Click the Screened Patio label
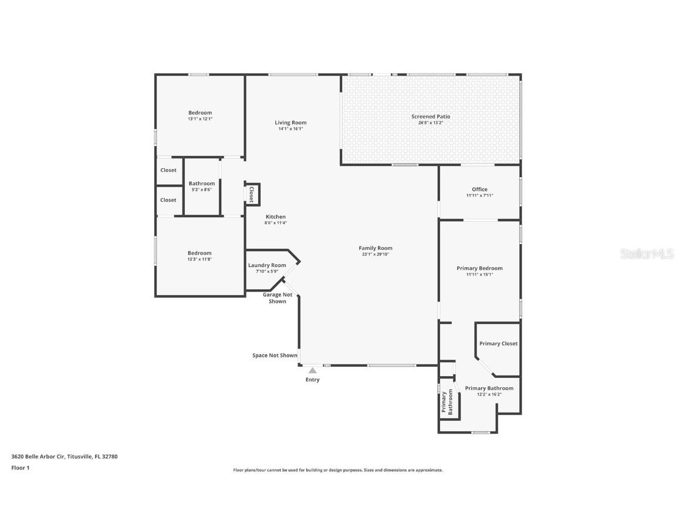(431, 116)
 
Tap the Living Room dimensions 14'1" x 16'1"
(290, 129)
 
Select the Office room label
(479, 189)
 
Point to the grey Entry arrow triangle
(313, 370)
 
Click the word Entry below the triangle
(313, 380)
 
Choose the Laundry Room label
(267, 265)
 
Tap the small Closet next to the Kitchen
(252, 194)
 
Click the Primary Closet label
(498, 343)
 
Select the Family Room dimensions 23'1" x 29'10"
(376, 254)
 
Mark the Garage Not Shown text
(278, 298)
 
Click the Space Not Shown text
(275, 355)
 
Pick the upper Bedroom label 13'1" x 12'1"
(200, 113)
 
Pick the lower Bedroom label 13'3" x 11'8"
(200, 253)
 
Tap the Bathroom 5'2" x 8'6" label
(202, 183)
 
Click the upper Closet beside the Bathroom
(168, 170)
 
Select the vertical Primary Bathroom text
(447, 403)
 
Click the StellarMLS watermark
(646, 253)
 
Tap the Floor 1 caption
(20, 468)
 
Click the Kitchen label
(275, 217)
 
